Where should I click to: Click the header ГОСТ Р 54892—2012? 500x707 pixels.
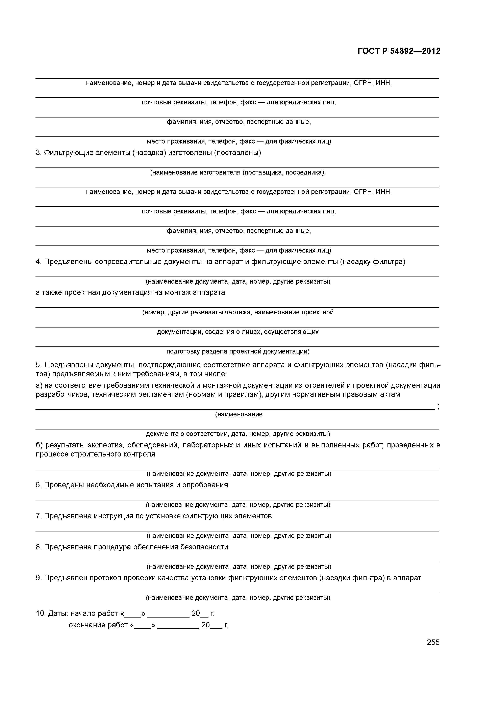click(399, 51)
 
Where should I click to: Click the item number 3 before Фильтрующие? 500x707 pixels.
click(38, 153)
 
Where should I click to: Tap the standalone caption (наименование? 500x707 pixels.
click(239, 415)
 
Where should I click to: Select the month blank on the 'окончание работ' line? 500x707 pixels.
click(178, 625)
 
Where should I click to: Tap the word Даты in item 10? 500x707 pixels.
click(58, 614)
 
